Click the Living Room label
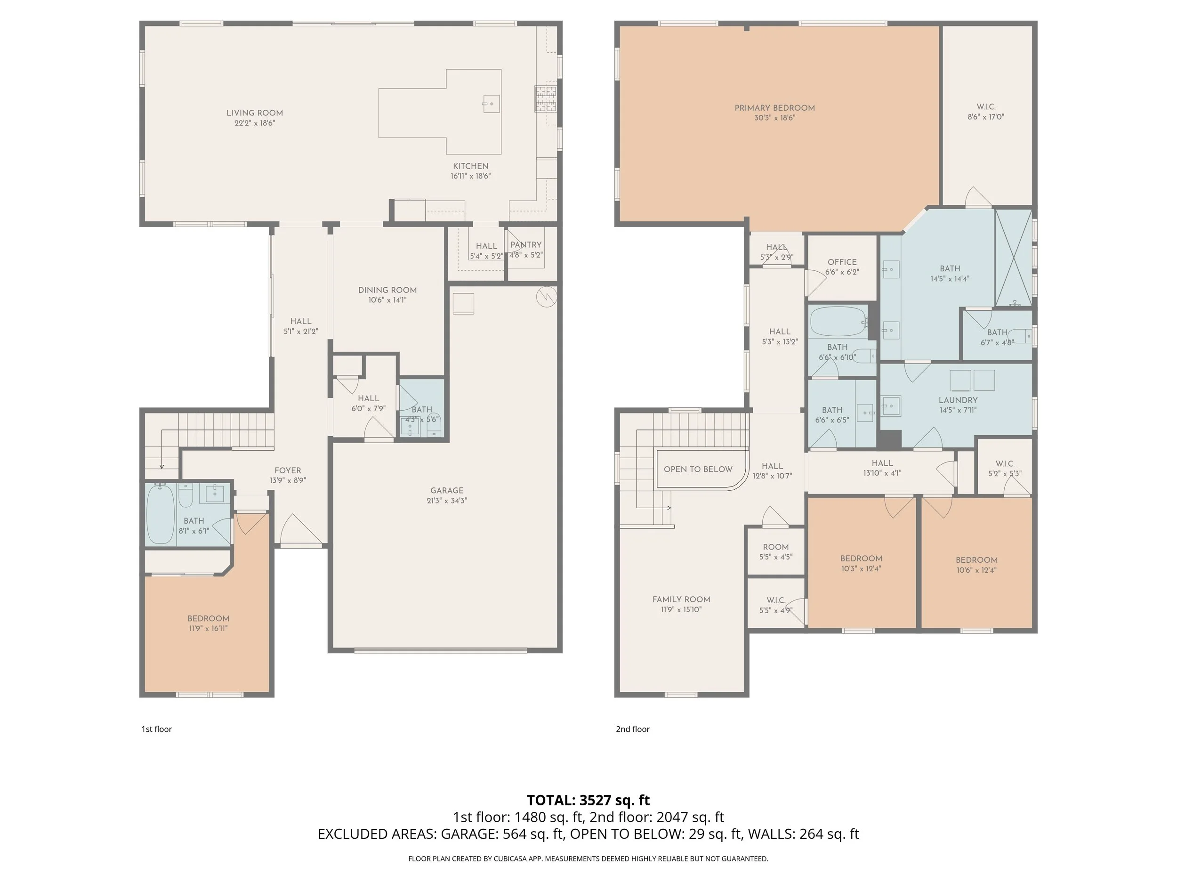point(254,113)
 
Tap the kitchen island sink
point(491,103)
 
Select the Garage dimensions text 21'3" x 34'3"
point(446,500)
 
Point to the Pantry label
point(526,245)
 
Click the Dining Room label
point(387,290)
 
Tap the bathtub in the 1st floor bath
point(160,514)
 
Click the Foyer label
point(288,470)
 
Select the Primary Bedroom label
point(775,108)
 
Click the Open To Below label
point(698,470)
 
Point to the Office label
point(842,262)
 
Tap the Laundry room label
point(958,400)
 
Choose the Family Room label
point(681,599)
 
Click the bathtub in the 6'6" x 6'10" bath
point(838,322)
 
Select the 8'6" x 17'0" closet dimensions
point(985,117)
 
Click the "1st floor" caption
point(156,729)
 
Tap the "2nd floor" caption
point(633,729)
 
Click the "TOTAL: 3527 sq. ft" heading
point(588,801)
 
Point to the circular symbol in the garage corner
point(546,297)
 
